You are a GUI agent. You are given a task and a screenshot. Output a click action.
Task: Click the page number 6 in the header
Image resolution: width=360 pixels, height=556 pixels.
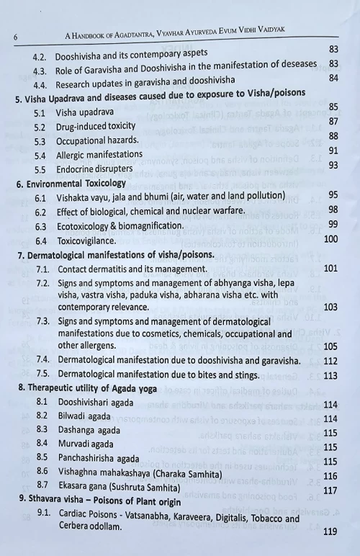pyautogui.click(x=15, y=36)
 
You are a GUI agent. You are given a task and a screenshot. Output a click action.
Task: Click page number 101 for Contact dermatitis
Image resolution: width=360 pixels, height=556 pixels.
pyautogui.click(x=330, y=268)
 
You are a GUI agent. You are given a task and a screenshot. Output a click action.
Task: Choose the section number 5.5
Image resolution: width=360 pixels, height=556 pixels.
pyautogui.click(x=40, y=169)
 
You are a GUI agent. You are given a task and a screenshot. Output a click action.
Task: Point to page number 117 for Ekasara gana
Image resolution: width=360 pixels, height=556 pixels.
pyautogui.click(x=330, y=490)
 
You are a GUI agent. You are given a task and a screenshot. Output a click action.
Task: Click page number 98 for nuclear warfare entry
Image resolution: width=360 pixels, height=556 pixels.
pyautogui.click(x=333, y=210)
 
